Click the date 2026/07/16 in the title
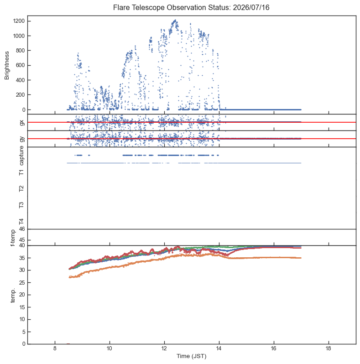click(x=251, y=8)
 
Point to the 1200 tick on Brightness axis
click(x=19, y=21)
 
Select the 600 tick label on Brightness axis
click(x=20, y=65)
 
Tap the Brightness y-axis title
click(x=7, y=66)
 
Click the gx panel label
click(x=22, y=122)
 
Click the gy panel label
click(x=22, y=139)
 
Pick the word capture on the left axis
click(x=21, y=156)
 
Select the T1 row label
click(x=21, y=172)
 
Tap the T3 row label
click(x=21, y=205)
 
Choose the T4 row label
click(x=21, y=222)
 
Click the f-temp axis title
click(x=13, y=238)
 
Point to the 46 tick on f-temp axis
click(x=22, y=229)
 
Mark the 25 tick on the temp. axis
click(x=22, y=282)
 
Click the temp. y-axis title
click(x=13, y=295)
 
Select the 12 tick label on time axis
click(x=164, y=348)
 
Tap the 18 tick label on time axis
click(x=329, y=348)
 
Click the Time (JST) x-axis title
click(x=191, y=356)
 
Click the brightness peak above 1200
click(x=175, y=20)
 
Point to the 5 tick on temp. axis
click(x=23, y=332)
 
